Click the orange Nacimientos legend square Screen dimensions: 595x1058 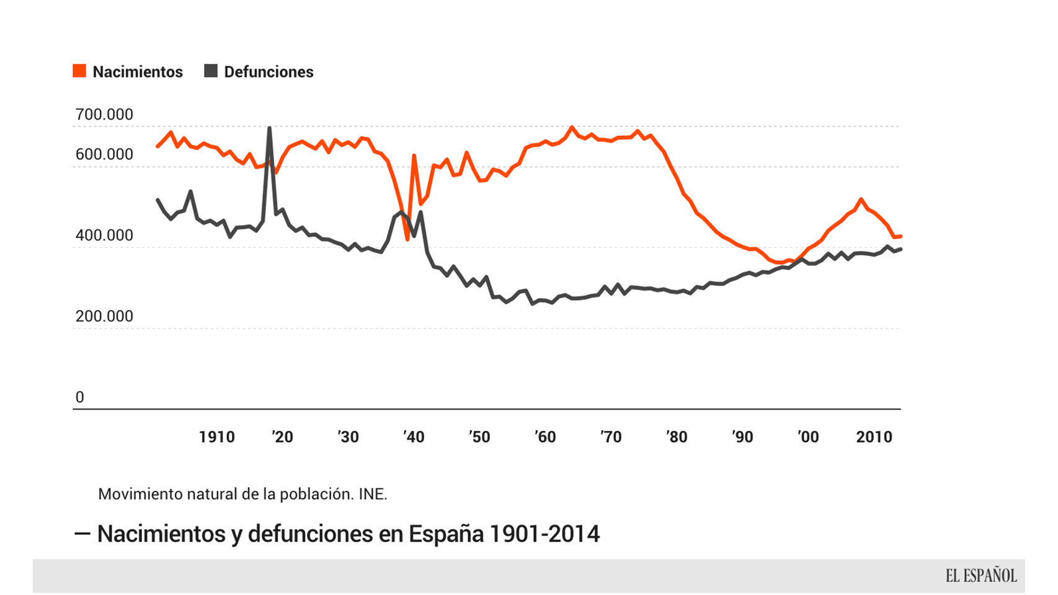[x=79, y=71]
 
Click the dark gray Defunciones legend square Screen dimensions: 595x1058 [x=211, y=71]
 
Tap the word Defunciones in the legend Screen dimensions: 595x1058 [x=269, y=72]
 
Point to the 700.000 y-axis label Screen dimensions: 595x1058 [x=104, y=115]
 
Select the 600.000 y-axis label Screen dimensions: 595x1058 [x=104, y=154]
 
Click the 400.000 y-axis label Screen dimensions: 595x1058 [x=104, y=236]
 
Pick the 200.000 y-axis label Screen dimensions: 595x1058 [x=104, y=316]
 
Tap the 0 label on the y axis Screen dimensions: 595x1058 [x=79, y=397]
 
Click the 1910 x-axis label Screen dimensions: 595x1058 [x=216, y=437]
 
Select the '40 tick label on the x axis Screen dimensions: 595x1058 [x=414, y=437]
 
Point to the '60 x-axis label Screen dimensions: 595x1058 [x=545, y=437]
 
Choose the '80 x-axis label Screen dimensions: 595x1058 [x=677, y=437]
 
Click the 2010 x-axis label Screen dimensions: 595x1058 [x=874, y=437]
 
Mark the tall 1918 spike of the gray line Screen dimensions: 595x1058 [x=269, y=129]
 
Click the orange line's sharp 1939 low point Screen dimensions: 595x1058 [x=407, y=239]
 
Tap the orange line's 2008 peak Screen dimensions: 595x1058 [x=861, y=200]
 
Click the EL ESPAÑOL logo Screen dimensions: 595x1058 [x=981, y=576]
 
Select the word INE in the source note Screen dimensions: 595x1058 [x=372, y=494]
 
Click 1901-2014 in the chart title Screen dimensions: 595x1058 [x=545, y=534]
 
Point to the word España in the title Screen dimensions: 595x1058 [x=445, y=534]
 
